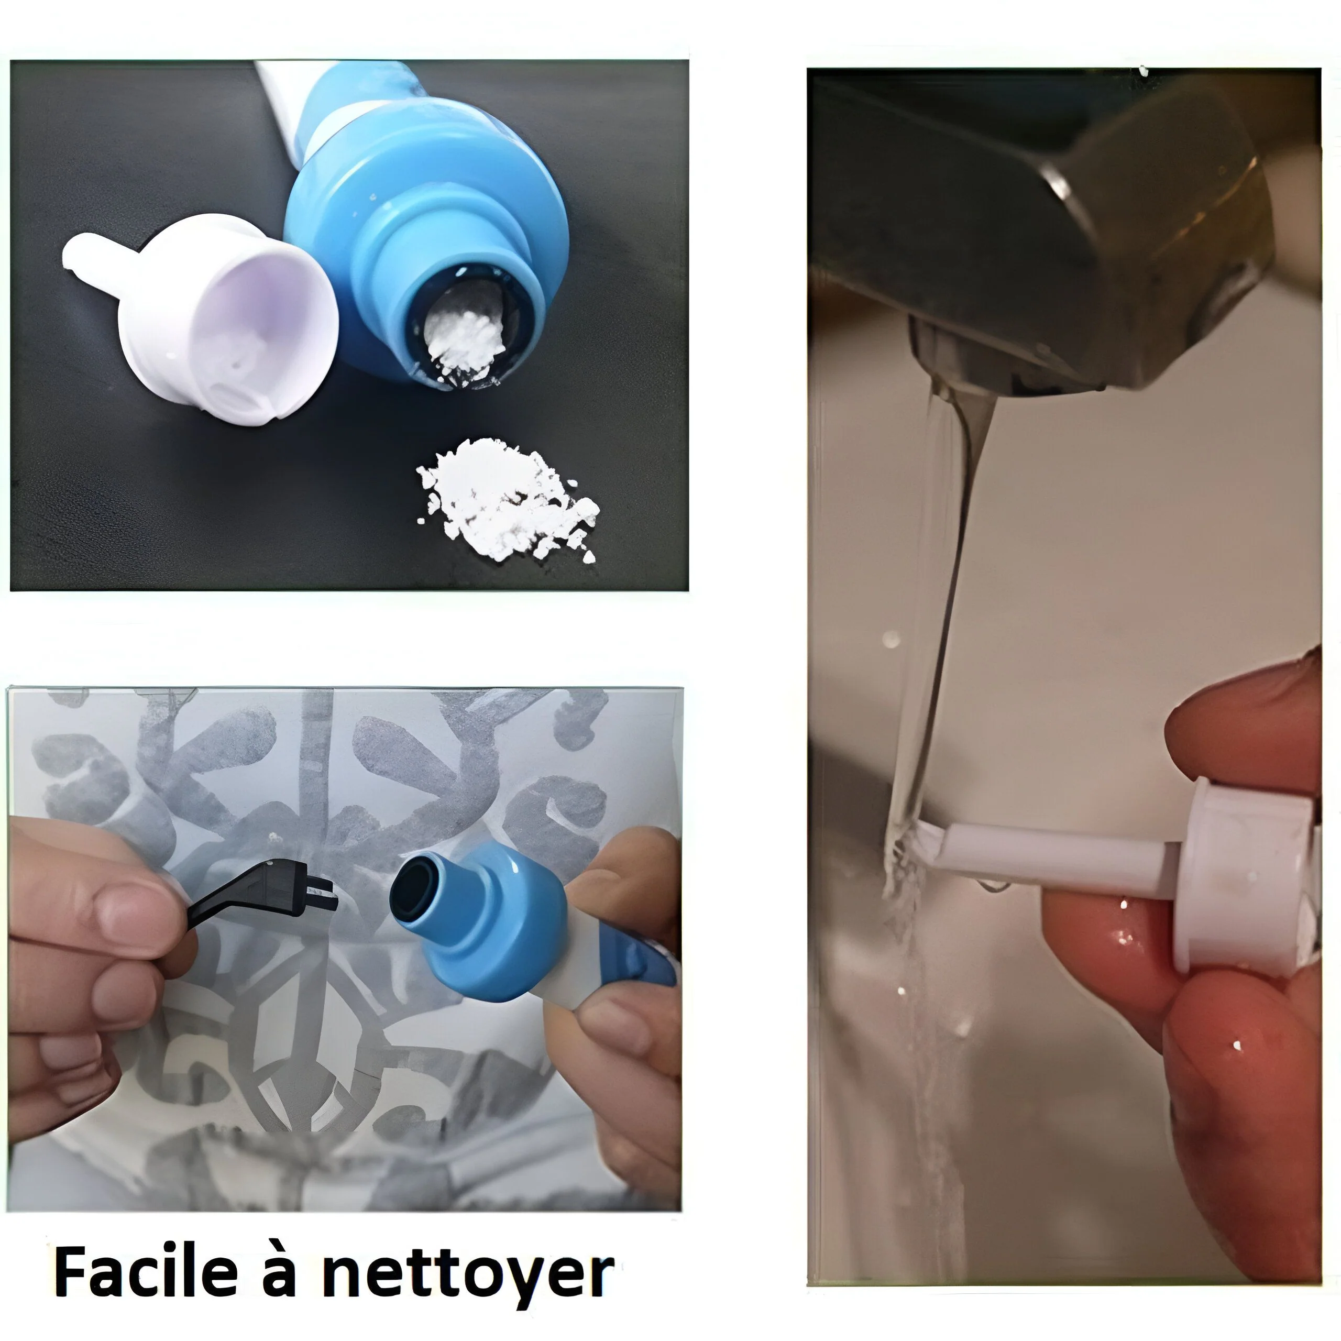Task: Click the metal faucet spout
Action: point(1041,229)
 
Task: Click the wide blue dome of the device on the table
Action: point(423,201)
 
